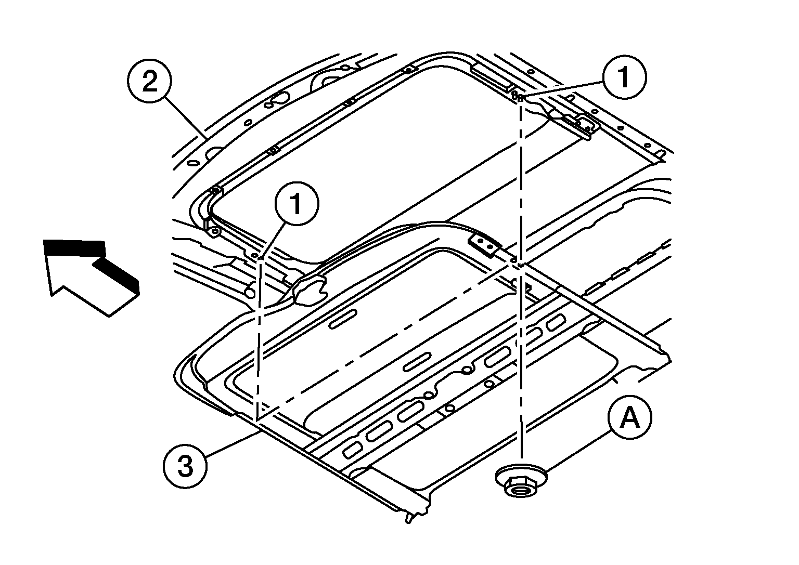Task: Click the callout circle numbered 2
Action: [x=149, y=81]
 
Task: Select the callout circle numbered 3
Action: [x=185, y=466]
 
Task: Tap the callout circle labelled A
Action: [x=630, y=417]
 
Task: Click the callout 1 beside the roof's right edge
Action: [x=624, y=77]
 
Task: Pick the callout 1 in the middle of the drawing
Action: [x=297, y=204]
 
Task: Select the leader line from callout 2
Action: [x=185, y=119]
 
